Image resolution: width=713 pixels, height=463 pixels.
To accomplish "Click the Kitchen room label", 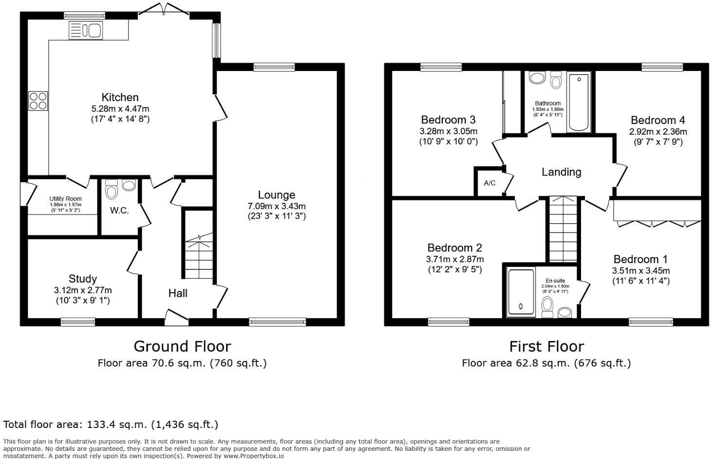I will coord(120,97).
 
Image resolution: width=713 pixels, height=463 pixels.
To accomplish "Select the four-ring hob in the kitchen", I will coord(38,101).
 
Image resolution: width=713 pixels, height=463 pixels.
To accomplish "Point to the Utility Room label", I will coord(65,199).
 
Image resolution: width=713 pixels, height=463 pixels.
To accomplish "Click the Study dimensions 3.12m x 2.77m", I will coord(83,290).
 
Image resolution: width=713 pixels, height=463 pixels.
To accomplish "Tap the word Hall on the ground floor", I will coord(178,293).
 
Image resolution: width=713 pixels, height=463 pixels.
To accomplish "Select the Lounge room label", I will coord(276,195).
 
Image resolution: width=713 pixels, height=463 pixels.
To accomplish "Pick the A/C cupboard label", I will coord(489,183).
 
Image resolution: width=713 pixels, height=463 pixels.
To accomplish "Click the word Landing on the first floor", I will coord(561,172).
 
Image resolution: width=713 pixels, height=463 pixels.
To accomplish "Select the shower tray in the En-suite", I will coord(521,291).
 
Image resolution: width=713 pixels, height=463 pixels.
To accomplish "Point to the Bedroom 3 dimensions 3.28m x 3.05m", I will coord(448,131).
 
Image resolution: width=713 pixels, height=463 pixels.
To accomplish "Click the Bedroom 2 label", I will coord(454,248).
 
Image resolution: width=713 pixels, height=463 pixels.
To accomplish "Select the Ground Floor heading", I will coord(182,346).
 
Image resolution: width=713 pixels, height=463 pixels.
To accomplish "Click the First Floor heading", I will coord(546,346).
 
